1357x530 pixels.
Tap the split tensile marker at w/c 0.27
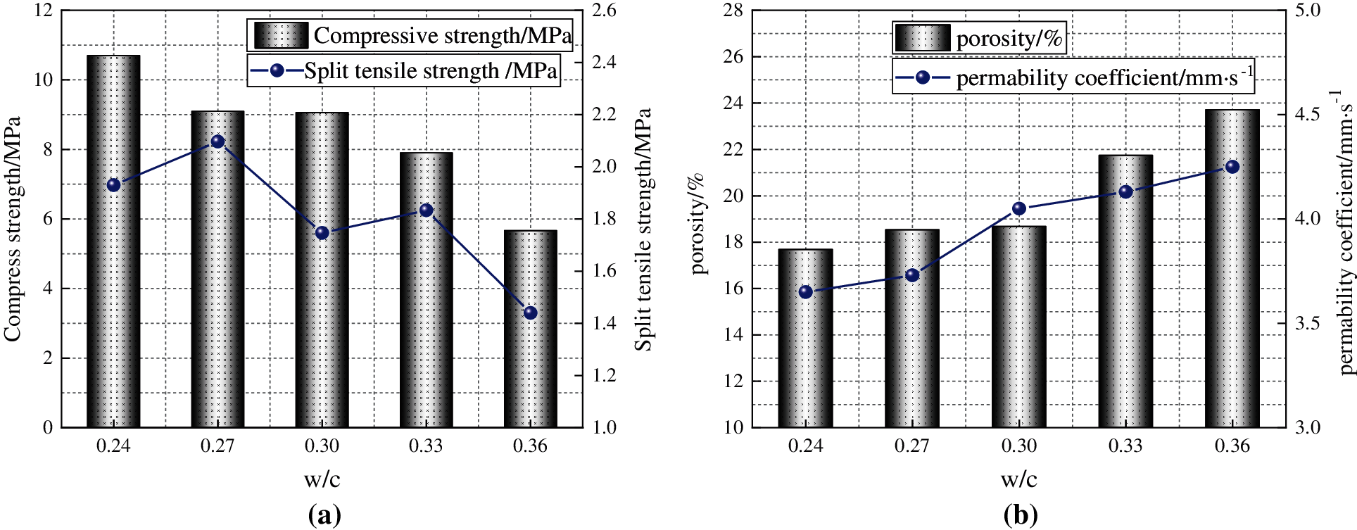[217, 142]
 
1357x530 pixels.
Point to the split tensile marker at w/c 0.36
[531, 313]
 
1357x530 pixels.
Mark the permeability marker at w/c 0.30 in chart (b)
[1018, 208]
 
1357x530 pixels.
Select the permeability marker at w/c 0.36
[1232, 167]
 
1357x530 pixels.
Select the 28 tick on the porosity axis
[733, 11]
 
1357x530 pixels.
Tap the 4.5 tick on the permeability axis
[1307, 114]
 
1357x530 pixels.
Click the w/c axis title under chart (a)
[322, 479]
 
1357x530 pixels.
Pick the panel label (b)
[1020, 515]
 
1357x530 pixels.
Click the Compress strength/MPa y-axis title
[12, 229]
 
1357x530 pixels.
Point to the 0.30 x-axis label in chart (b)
[1018, 446]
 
